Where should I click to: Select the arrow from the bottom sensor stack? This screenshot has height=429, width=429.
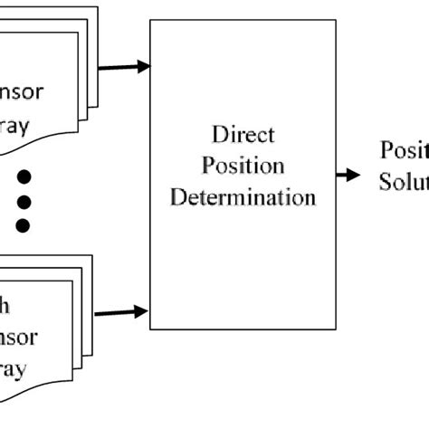(x=121, y=312)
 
